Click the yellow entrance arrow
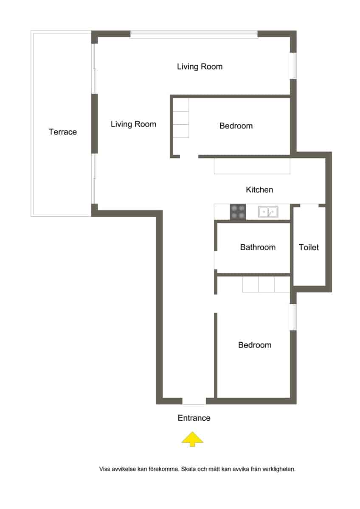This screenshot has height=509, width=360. click(192, 439)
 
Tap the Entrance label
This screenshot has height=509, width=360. click(194, 418)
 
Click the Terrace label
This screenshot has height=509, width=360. click(63, 132)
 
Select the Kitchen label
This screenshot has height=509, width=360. click(259, 190)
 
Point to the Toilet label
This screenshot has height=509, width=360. click(309, 247)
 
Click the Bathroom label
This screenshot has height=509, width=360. click(258, 247)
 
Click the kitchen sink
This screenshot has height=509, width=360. click(267, 212)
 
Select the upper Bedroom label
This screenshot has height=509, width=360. click(236, 126)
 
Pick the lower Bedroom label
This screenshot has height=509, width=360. click(255, 345)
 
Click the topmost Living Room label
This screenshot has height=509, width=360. click(200, 67)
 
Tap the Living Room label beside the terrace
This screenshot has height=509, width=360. click(133, 124)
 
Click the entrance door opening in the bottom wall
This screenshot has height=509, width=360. click(194, 401)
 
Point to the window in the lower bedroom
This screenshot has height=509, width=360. click(293, 317)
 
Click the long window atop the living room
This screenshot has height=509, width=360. click(194, 34)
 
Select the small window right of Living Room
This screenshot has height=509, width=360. click(293, 66)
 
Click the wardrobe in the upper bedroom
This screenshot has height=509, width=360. click(180, 118)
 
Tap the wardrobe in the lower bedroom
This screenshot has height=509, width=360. click(266, 284)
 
